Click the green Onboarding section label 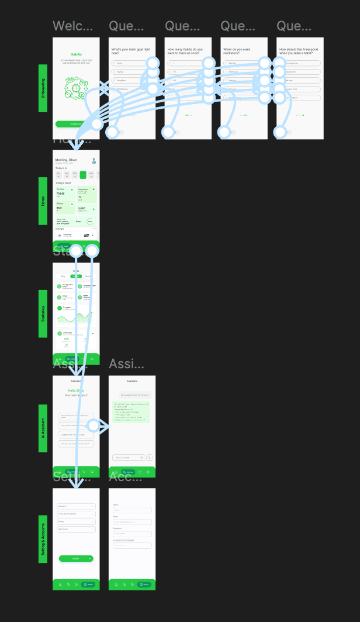(43, 88)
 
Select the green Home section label (43, 201)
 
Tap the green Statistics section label (43, 313)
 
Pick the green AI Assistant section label (43, 428)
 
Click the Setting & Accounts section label (43, 539)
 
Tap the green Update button (75, 558)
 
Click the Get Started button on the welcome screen (75, 124)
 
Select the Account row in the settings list (75, 506)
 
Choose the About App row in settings (75, 529)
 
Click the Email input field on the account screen (131, 522)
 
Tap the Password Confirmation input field (131, 545)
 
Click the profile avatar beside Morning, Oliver (94, 161)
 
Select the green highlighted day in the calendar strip (83, 174)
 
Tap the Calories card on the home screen (64, 193)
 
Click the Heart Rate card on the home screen (87, 194)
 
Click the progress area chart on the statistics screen (75, 319)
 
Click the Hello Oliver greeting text (75, 390)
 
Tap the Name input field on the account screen (131, 510)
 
